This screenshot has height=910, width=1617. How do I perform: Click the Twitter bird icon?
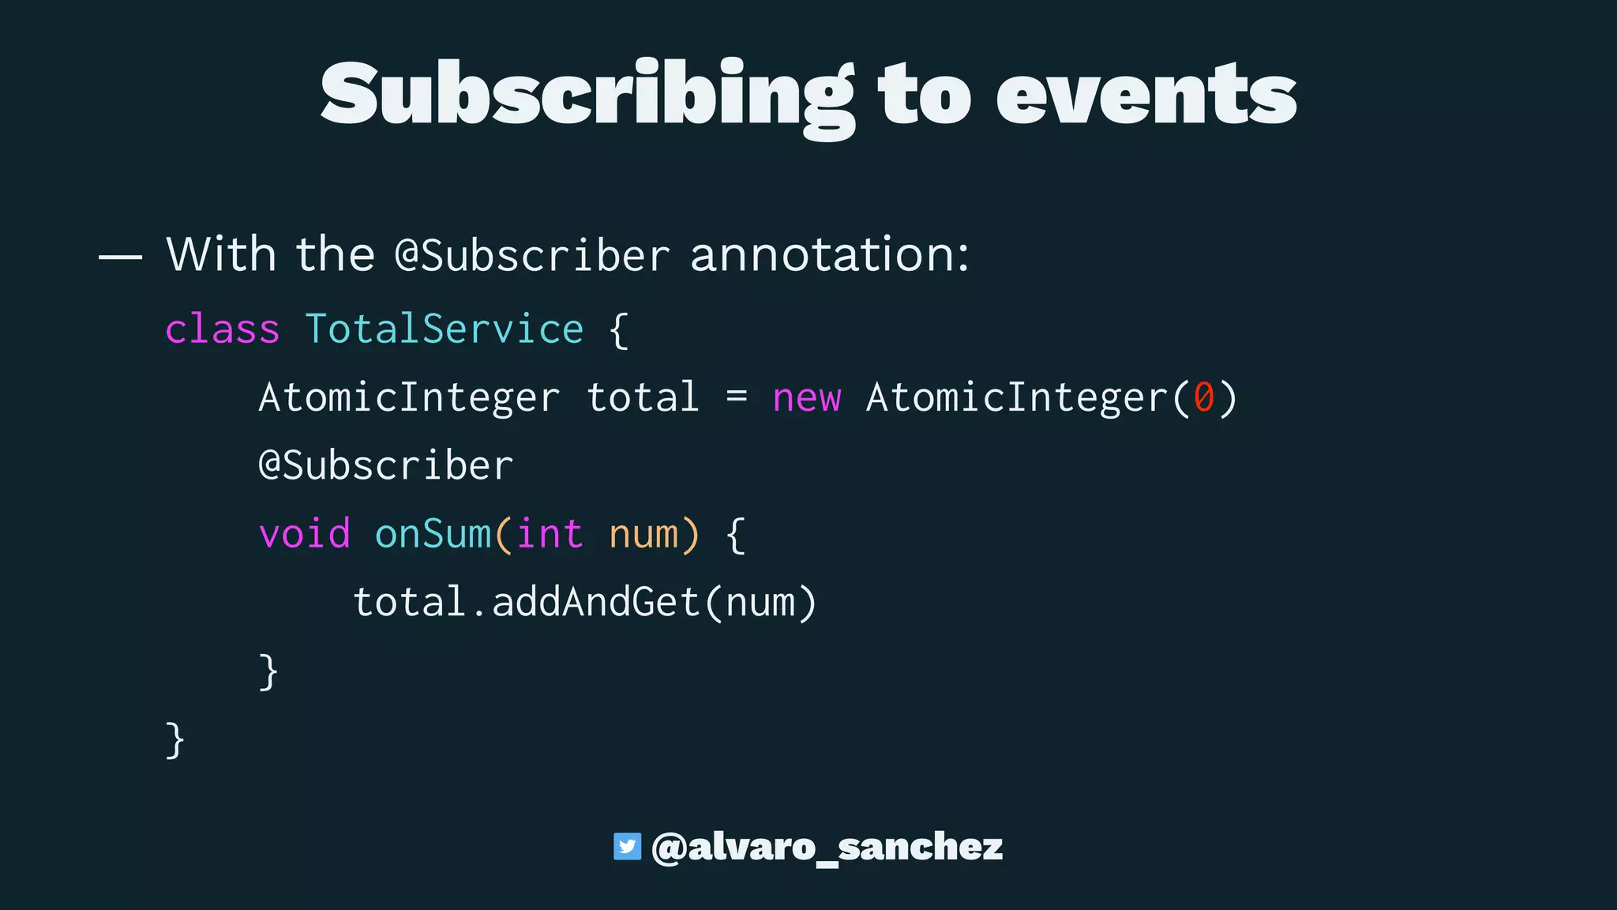click(627, 847)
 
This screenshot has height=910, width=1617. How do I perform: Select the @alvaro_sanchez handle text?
click(827, 848)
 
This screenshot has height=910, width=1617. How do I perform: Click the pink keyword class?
click(222, 329)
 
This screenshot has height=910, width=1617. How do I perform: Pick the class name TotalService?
click(445, 329)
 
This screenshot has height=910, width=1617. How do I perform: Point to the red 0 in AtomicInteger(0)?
click(1203, 397)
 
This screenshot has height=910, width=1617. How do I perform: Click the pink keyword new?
click(807, 397)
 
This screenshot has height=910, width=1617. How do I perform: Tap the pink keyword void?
click(305, 534)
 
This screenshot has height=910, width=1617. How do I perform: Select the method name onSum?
click(433, 534)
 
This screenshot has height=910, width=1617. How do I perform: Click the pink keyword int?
click(550, 534)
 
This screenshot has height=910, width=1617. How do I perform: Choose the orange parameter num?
click(643, 534)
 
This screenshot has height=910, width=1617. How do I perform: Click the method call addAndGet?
click(596, 603)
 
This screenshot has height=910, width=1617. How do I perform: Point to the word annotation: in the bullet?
click(829, 255)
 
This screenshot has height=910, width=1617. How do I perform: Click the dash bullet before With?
click(120, 257)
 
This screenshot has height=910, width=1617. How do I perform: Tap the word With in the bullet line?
click(221, 254)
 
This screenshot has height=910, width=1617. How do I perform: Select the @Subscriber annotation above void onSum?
click(386, 465)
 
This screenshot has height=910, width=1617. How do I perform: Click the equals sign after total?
click(737, 397)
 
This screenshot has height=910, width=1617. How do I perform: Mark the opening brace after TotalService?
click(620, 330)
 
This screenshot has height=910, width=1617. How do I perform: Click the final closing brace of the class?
click(175, 740)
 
